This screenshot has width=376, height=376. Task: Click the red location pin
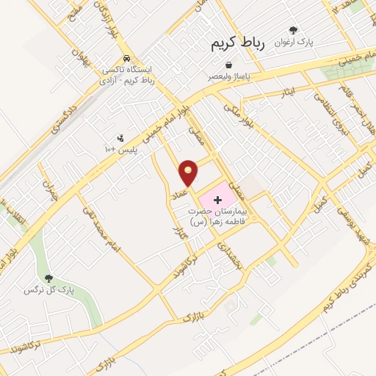click(189, 172)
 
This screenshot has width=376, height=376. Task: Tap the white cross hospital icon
click(217, 200)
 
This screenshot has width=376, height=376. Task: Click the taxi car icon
click(128, 58)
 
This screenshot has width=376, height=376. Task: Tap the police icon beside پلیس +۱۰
click(120, 137)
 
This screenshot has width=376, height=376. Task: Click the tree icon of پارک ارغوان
click(293, 31)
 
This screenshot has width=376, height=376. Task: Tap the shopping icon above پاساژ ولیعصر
click(230, 65)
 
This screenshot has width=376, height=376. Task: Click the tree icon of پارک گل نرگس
click(48, 278)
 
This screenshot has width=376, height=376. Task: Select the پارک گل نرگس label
click(48, 290)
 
